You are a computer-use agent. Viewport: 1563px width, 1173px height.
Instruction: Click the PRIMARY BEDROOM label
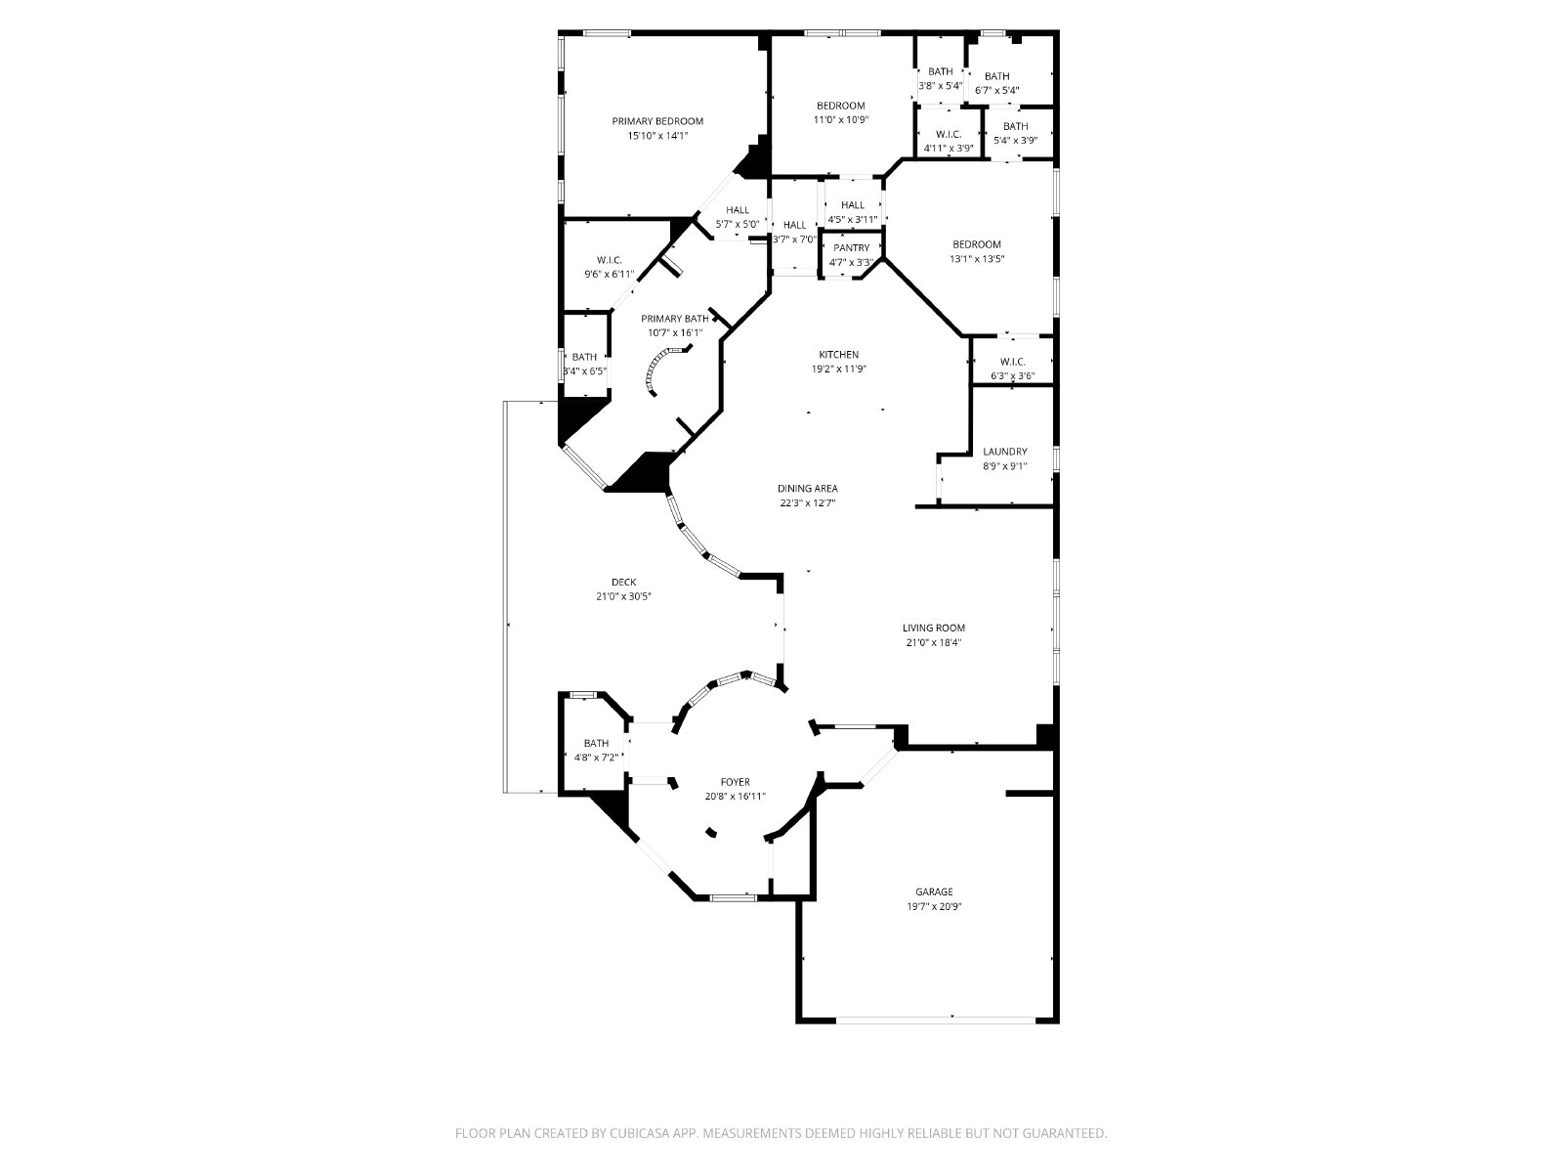657,121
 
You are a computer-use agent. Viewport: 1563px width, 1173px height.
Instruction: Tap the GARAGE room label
934,891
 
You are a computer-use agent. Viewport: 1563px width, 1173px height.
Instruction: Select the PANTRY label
852,248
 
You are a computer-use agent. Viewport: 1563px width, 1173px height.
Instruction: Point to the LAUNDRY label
1005,452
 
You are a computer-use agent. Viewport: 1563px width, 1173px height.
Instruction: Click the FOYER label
735,782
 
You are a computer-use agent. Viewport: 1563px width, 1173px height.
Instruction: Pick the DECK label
624,582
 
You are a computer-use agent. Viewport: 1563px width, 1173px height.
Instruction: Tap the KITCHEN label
839,355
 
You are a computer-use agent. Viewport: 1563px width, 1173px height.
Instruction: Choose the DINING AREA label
808,489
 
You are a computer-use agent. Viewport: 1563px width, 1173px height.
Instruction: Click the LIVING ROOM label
934,629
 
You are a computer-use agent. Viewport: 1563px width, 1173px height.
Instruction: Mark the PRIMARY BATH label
675,319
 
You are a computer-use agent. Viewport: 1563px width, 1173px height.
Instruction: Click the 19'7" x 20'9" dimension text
934,907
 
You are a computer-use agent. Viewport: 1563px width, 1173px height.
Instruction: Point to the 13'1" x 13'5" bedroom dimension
977,259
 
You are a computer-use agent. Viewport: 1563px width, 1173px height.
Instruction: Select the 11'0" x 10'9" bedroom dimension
841,120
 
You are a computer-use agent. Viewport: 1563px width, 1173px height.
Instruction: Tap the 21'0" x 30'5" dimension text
624,597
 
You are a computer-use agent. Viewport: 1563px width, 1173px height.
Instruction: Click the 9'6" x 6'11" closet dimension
609,275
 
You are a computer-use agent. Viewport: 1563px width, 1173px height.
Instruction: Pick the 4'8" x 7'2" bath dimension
596,758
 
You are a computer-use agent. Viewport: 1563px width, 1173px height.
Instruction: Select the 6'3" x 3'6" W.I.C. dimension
1013,376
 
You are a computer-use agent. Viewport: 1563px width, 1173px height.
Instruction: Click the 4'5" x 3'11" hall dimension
853,219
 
